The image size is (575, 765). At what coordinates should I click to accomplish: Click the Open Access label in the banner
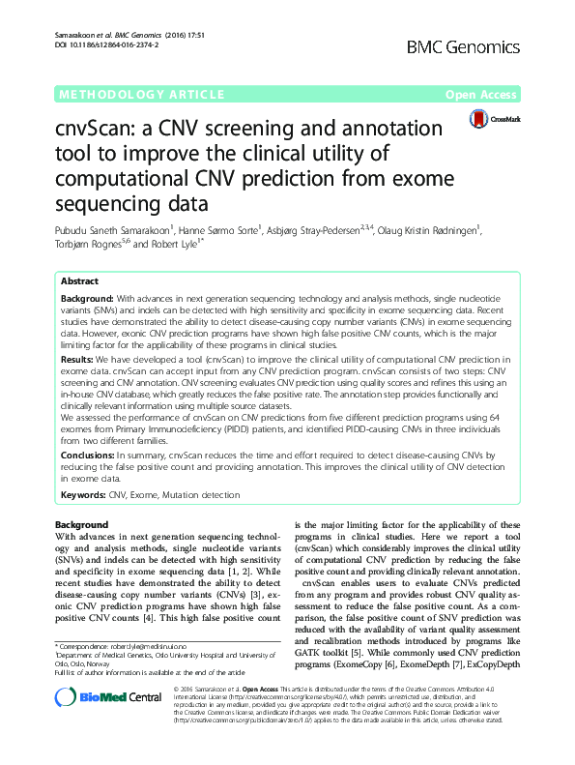coord(480,95)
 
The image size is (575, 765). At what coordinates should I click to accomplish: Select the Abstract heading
coord(80,280)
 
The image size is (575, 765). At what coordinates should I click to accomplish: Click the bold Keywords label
coord(83,494)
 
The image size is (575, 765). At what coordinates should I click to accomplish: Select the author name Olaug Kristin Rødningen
coord(460,229)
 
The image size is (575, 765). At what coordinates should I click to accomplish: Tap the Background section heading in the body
coord(82,524)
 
